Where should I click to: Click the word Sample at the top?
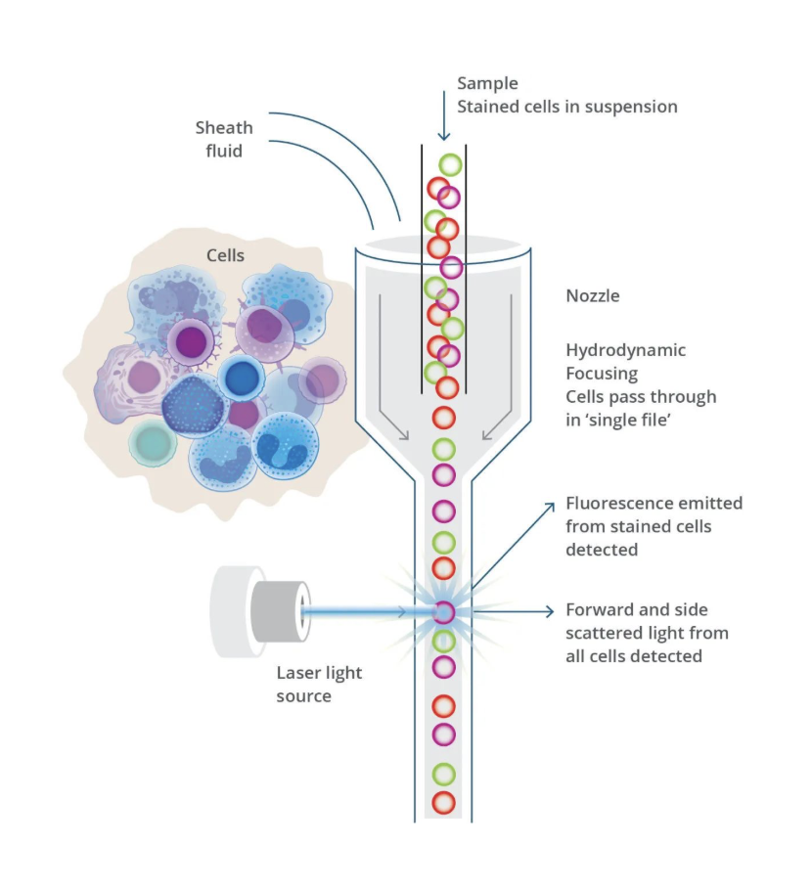488,83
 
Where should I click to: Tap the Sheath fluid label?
224,139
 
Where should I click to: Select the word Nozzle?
592,295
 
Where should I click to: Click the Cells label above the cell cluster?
225,255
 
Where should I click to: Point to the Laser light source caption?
319,685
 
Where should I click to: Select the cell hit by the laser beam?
443,613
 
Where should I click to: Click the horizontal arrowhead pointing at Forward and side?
548,612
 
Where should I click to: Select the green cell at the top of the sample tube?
450,164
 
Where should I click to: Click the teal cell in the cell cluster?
154,444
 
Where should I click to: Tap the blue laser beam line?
362,613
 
